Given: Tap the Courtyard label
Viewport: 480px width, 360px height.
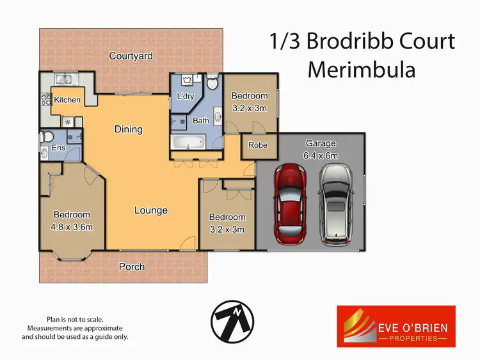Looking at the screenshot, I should tap(131, 56).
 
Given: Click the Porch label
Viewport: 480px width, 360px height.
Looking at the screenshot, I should tap(132, 267).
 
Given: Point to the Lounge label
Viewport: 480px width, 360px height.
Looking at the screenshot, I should tap(151, 210).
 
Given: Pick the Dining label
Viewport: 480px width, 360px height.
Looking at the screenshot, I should tap(128, 129).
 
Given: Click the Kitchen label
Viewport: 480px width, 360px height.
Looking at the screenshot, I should tap(67, 100).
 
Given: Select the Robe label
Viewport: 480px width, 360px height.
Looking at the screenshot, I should tap(259, 145).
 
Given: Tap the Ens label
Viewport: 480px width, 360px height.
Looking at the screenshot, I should tap(58, 148).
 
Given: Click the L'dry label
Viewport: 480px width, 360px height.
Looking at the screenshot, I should tap(185, 97).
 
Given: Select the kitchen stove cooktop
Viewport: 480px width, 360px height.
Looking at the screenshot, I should tap(46, 100).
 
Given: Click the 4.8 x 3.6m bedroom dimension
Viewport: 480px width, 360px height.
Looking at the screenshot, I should tap(72, 226).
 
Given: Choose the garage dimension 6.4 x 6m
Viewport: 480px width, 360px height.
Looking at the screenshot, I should tap(321, 155).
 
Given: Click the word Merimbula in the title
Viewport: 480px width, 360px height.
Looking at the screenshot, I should tap(361, 68).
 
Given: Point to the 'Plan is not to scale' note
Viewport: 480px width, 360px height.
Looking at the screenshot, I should tap(75, 319).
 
